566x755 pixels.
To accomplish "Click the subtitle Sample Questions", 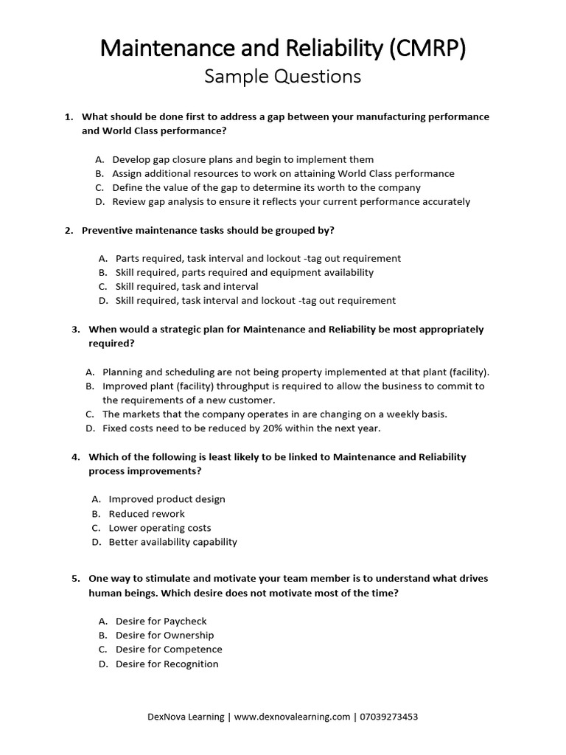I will [x=283, y=76].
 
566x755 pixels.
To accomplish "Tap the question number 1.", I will [x=68, y=116].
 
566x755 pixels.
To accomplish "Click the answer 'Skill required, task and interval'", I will [x=186, y=286].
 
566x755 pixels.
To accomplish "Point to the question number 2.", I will [x=68, y=230].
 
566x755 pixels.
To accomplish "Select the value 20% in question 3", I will [x=254, y=428].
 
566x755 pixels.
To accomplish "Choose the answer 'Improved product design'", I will [x=167, y=499].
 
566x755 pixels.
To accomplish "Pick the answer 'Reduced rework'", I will [x=147, y=513].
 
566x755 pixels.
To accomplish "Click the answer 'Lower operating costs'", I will [x=160, y=528].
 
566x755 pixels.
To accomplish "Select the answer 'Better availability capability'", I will [x=173, y=542].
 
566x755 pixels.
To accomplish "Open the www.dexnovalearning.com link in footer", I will [x=293, y=716].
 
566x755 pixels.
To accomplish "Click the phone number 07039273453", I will [x=387, y=716].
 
